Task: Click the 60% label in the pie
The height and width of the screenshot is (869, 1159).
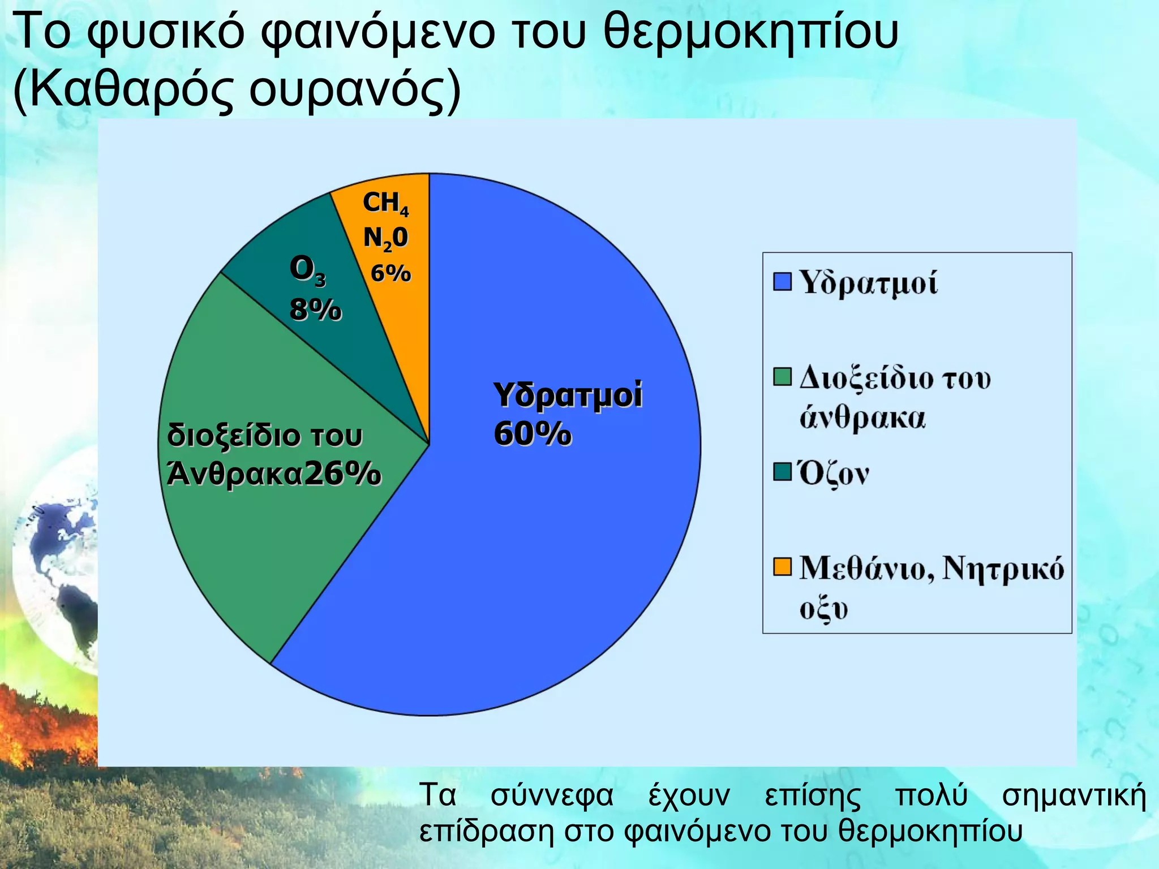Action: pos(532,434)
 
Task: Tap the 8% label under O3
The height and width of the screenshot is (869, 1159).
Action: pos(316,310)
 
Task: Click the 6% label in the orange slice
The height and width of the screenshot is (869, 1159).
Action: pos(390,274)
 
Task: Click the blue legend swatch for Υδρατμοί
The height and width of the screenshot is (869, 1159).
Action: pos(782,281)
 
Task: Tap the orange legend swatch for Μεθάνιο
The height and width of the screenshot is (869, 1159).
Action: pos(782,567)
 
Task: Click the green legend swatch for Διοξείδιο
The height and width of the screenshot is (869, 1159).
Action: pos(782,377)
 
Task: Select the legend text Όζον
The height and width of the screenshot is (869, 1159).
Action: pos(834,474)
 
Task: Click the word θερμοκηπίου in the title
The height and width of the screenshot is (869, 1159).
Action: pos(750,33)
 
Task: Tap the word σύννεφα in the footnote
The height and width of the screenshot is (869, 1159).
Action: pos(552,795)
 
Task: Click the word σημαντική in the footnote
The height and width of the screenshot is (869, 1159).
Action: pos(1074,795)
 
